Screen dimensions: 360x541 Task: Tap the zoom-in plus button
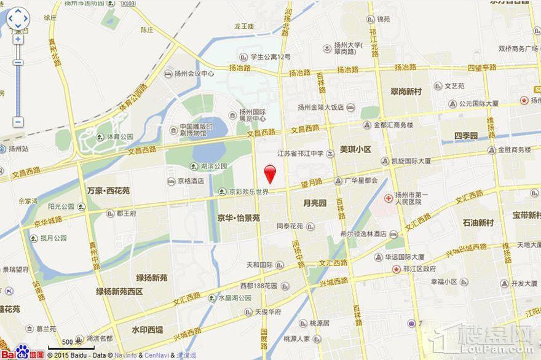pos(18,39)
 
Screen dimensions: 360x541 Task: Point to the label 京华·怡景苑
pos(239,217)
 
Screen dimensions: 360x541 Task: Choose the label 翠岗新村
pos(406,92)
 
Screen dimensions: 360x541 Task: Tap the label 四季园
pos(466,135)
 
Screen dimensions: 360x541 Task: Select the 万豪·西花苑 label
pos(108,191)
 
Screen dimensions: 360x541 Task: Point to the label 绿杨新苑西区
pos(119,291)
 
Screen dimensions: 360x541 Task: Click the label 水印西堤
pos(148,330)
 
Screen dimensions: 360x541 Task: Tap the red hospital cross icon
pos(389,198)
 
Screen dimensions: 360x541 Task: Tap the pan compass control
pos(18,18)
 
